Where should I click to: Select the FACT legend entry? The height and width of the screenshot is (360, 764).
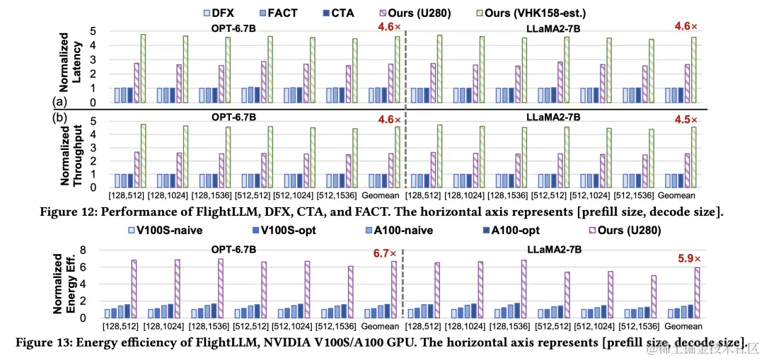coord(280,12)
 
